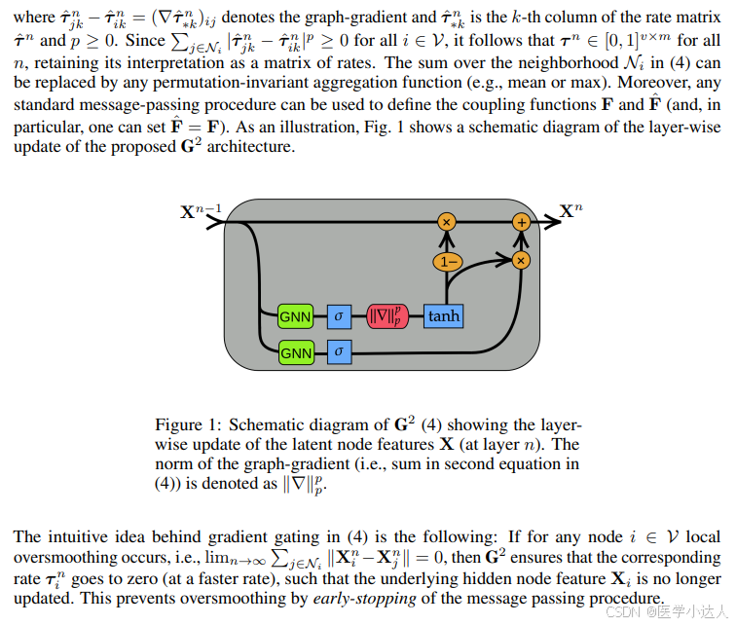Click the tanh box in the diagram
pos(443,316)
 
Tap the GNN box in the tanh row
pos(295,316)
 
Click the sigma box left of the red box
pos(339,316)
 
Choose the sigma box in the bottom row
pos(339,349)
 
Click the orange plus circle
pos(521,222)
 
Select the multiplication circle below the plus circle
pos(521,260)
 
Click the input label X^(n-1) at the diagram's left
pos(202,211)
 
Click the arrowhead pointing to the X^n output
pos(554,222)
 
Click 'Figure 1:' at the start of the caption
pos(186,425)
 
